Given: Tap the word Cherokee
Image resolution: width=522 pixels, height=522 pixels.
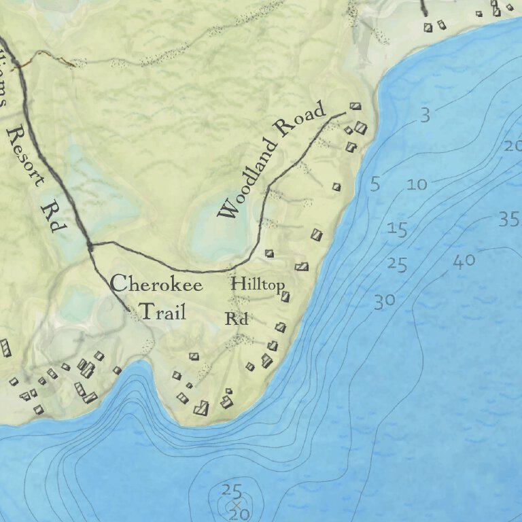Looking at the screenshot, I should tap(156, 283).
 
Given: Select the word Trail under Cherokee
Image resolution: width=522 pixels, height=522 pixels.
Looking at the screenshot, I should tap(162, 312).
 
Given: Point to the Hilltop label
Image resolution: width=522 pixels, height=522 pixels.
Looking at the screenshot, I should tap(257, 284).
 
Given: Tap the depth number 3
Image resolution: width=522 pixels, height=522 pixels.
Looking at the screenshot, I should tap(425, 116).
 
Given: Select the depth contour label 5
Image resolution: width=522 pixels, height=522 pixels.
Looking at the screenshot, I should tap(375, 184).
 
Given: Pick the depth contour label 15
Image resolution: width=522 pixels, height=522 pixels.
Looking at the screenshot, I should tap(397, 229).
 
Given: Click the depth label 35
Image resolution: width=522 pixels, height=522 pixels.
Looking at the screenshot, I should tap(508, 219).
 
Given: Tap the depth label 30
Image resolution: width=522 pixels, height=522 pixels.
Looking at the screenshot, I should tap(384, 301).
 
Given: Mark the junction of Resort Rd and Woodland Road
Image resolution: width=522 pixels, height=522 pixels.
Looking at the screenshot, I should tap(90, 244).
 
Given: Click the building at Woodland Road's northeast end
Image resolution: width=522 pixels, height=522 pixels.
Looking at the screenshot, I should tap(354, 106).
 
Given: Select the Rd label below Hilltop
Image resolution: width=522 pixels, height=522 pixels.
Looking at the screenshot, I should tap(236, 319).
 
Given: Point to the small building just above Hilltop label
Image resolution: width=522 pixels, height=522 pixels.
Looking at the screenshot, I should tap(270, 254).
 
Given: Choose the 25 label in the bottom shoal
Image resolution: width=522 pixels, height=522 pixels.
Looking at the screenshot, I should tap(232, 490).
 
